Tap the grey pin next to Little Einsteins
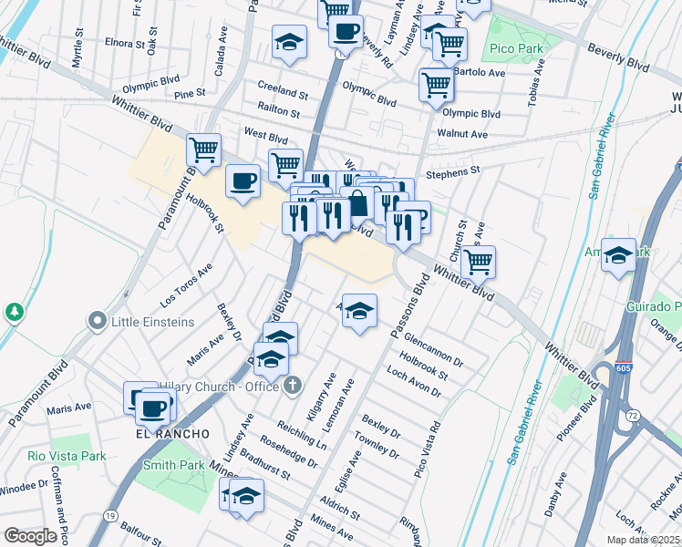click(98, 321)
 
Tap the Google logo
click(30, 535)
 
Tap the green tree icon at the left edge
click(14, 313)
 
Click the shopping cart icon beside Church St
click(477, 262)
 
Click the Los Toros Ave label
click(185, 285)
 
